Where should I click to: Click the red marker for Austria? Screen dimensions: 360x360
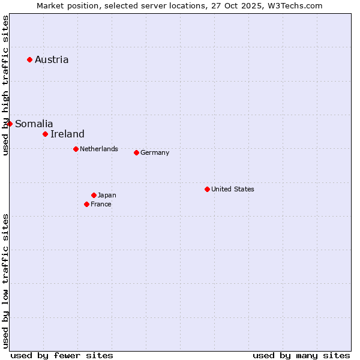coord(29,59)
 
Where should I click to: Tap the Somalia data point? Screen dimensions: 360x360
coord(10,124)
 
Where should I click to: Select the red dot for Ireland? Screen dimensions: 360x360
coord(45,134)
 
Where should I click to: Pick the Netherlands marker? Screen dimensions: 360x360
coord(76,149)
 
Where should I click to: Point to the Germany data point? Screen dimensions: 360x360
coord(136,152)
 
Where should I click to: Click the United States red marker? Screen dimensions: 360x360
coord(207,189)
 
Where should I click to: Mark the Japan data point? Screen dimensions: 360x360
coord(94,195)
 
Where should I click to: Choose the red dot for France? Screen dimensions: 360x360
coord(86,204)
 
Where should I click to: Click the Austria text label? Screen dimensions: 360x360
coord(52,59)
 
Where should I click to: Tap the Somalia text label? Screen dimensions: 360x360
coord(34,124)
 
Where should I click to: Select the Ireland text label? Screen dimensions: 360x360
coord(67,134)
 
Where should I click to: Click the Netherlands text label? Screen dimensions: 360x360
coord(99,149)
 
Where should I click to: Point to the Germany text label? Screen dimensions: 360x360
coord(155,152)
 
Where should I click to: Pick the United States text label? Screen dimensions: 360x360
coord(233,189)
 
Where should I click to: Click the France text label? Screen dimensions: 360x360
coord(101,204)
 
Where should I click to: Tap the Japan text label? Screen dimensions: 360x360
coord(107,195)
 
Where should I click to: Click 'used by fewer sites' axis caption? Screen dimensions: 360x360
coord(62,355)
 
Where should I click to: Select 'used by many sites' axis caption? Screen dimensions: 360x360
coord(301,355)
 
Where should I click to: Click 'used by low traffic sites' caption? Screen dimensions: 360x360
coord(5,280)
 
